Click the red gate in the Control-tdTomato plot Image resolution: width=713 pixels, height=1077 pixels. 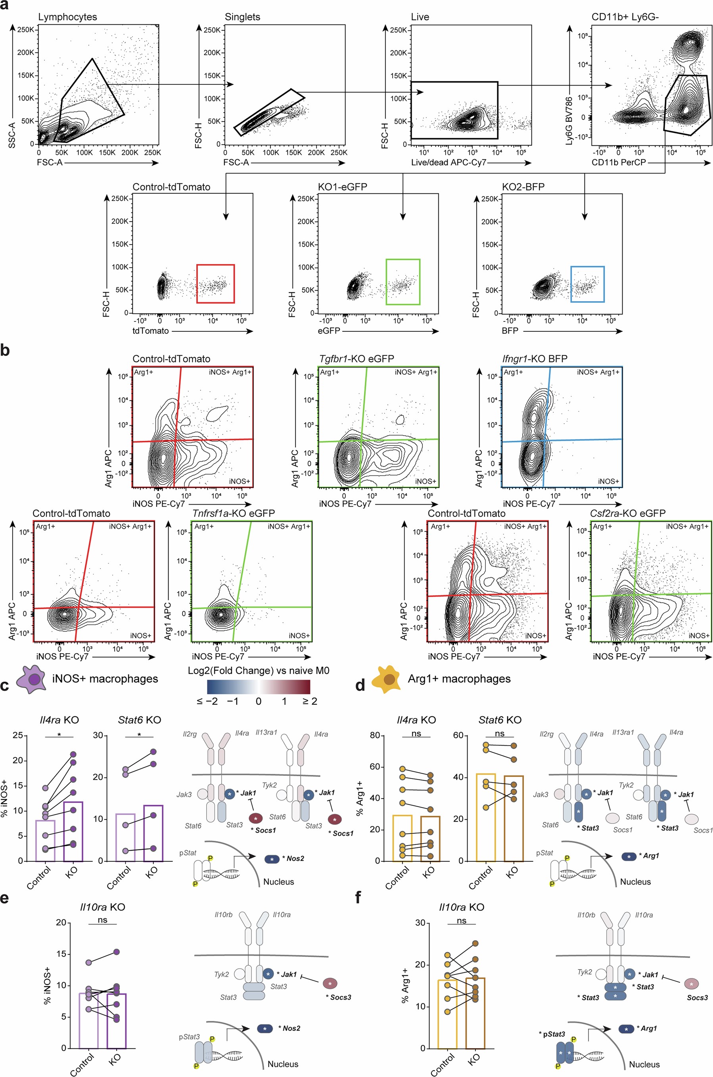pos(216,283)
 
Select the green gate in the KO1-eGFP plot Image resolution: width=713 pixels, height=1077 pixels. pos(402,282)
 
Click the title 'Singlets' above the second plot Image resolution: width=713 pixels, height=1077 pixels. pos(242,17)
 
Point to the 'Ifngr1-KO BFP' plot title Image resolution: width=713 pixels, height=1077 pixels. pos(535,359)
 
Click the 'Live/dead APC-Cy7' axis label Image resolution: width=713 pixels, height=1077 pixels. pos(448,162)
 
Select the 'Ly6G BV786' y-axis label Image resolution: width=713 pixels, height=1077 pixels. pos(569,121)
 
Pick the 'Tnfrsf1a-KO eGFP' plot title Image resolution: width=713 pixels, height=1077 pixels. pos(233,513)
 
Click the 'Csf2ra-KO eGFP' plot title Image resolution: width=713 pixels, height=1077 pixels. pos(627,513)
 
